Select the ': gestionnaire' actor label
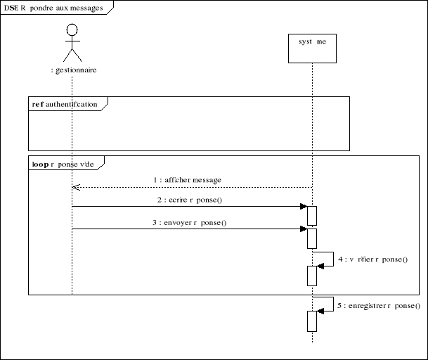point(74,70)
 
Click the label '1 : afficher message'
point(188,180)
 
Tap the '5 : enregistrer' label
point(379,306)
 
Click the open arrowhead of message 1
point(76,188)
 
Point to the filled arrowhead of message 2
point(303,207)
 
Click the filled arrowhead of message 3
point(303,229)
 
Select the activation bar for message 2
point(312,215)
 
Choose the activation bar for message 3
point(312,238)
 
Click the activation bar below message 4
point(312,276)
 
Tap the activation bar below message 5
point(312,321)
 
